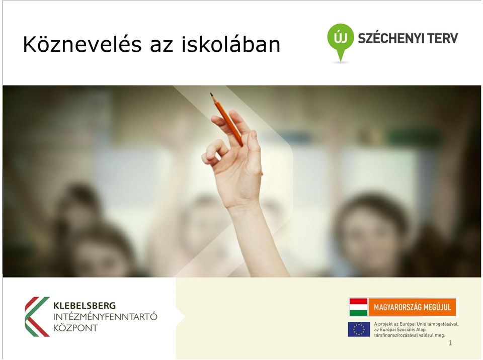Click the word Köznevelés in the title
(x=83, y=44)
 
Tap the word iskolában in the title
(x=231, y=44)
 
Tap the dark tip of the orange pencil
(x=212, y=95)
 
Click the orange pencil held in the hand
(x=226, y=119)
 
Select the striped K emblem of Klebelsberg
(x=37, y=317)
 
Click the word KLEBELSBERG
(x=85, y=306)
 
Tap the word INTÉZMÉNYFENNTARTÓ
(x=105, y=317)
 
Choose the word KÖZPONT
(x=75, y=328)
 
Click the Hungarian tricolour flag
(x=358, y=307)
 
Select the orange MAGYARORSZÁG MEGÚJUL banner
(x=412, y=307)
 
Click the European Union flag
(x=359, y=329)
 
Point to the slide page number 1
(x=450, y=343)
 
